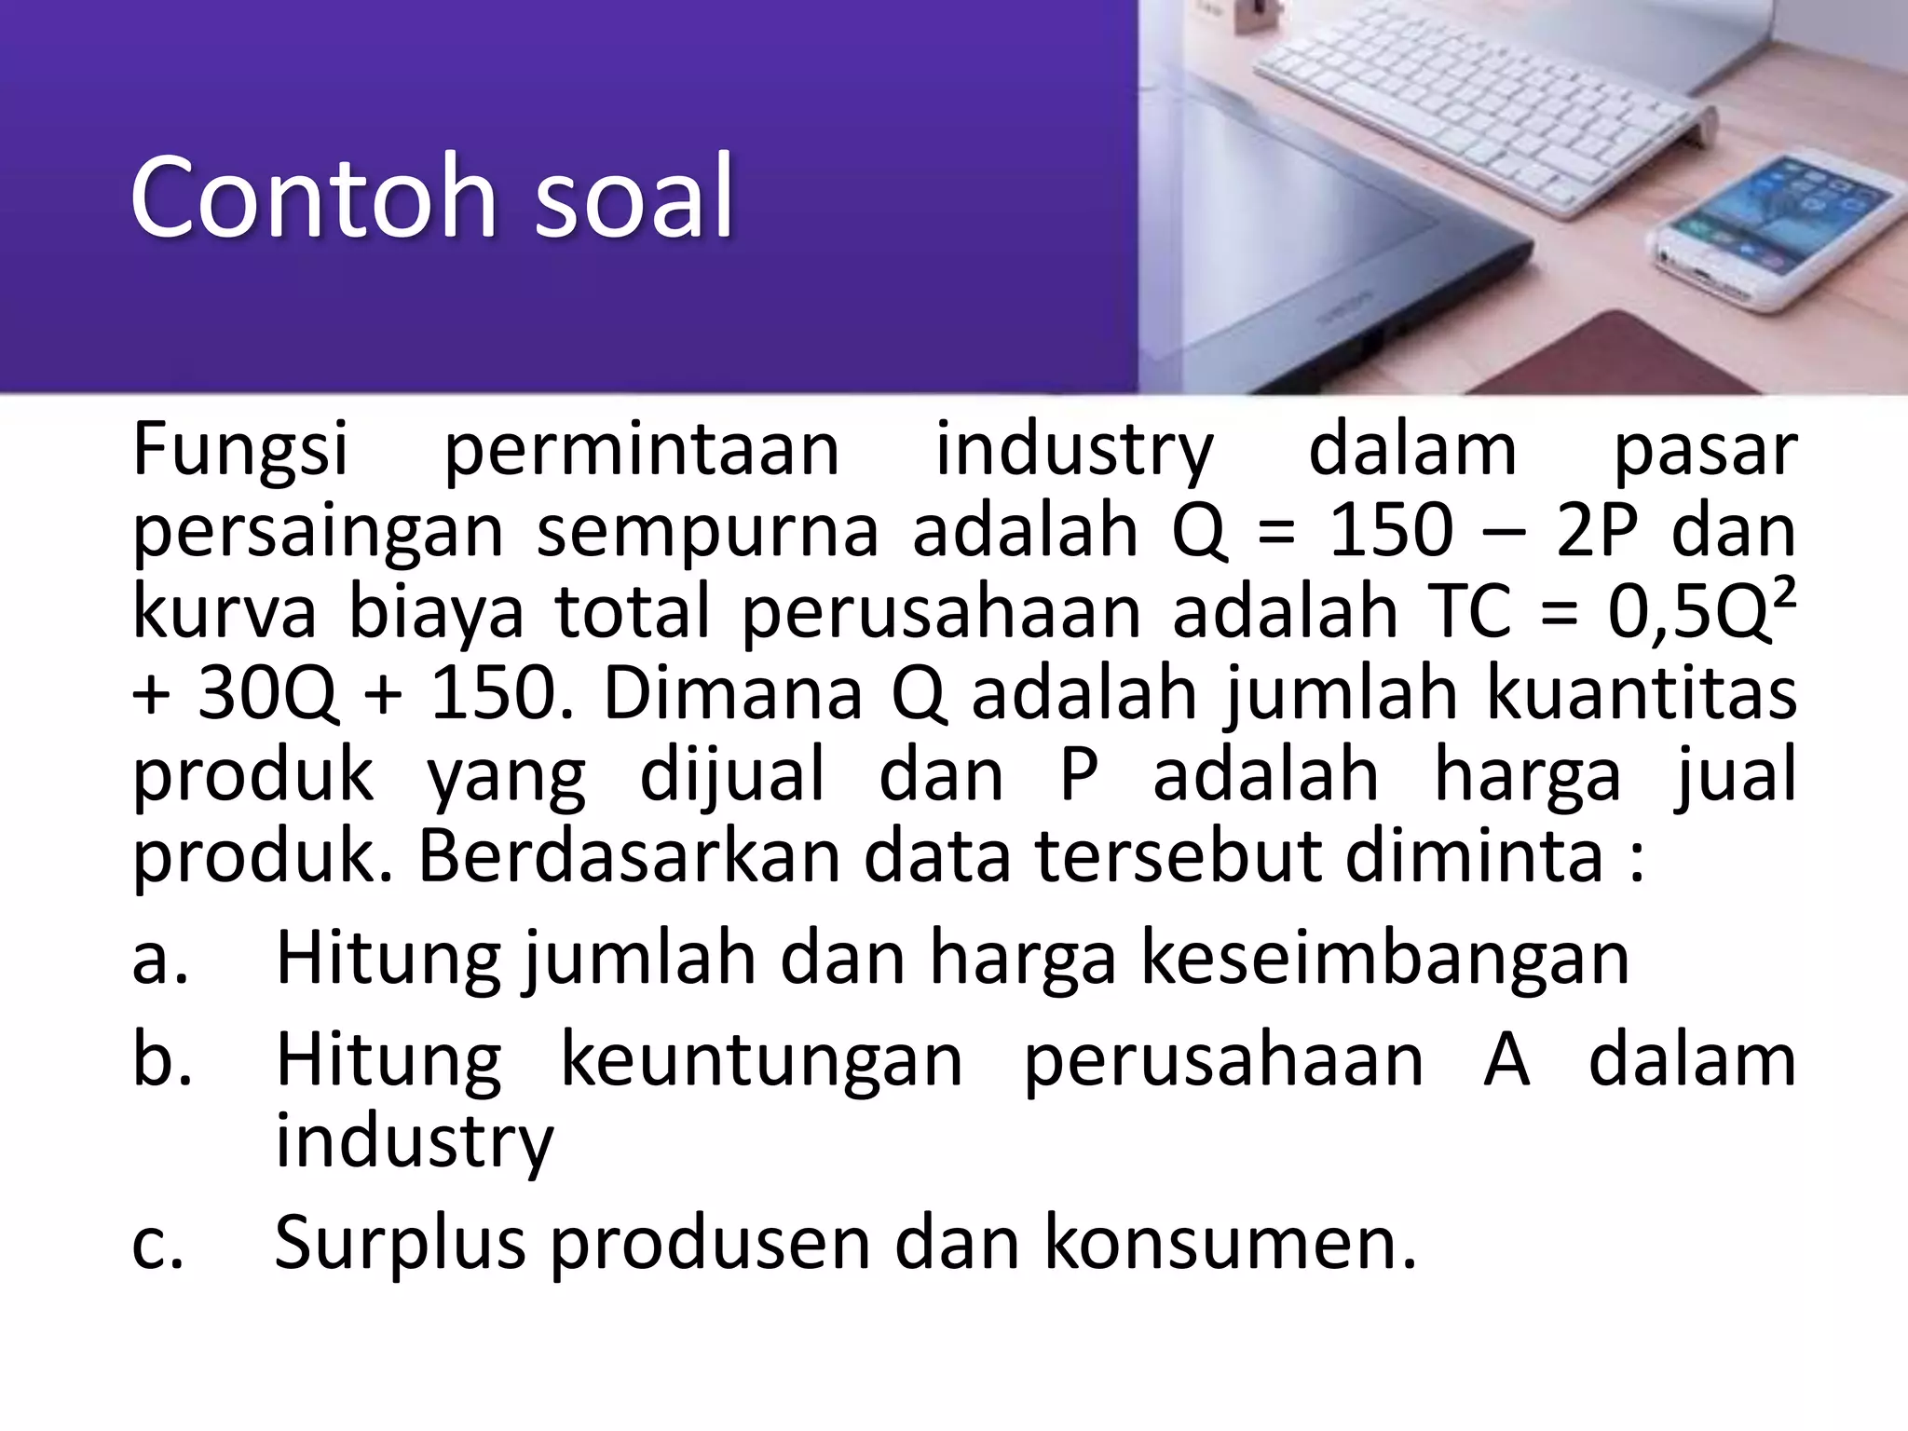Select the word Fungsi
coord(240,452)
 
